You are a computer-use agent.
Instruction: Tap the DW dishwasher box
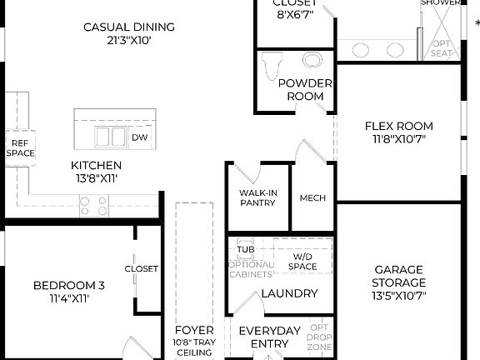click(139, 137)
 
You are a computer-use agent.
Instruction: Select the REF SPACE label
click(21, 147)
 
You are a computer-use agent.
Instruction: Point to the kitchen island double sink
click(110, 137)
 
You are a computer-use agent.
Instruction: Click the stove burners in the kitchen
click(93, 201)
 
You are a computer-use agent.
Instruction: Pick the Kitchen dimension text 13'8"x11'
click(96, 178)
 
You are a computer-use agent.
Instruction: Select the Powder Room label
click(305, 89)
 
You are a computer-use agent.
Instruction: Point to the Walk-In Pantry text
click(257, 197)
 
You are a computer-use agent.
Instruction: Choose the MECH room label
click(312, 198)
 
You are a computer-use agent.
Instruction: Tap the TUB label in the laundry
click(245, 248)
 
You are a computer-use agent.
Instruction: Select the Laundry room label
click(289, 293)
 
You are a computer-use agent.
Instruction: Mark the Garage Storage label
click(398, 277)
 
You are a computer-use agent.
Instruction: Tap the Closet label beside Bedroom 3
click(141, 268)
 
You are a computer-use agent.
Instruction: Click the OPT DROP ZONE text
click(320, 337)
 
